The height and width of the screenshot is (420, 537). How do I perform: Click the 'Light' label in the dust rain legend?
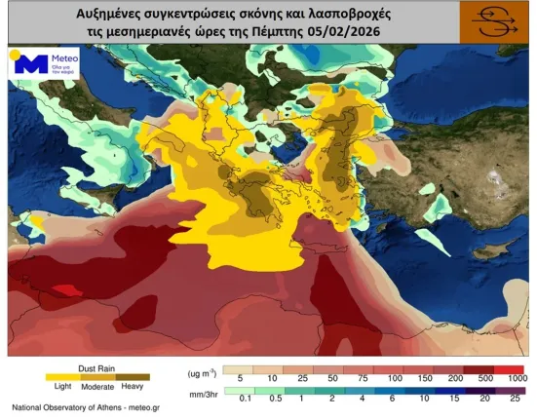[58, 387]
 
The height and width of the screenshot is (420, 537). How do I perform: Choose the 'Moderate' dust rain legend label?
[96, 387]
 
